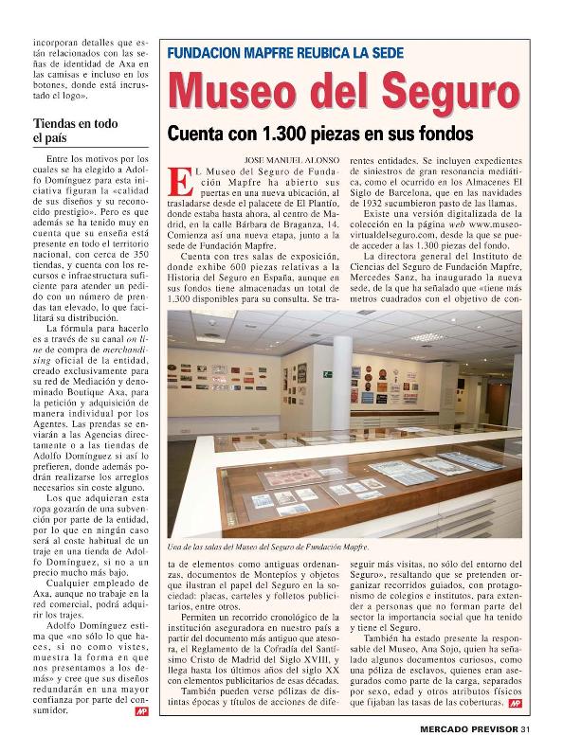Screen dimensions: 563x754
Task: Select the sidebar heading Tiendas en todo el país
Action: point(75,131)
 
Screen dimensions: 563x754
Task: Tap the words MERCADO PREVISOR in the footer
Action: point(469,728)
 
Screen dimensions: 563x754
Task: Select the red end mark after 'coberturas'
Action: point(515,705)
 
